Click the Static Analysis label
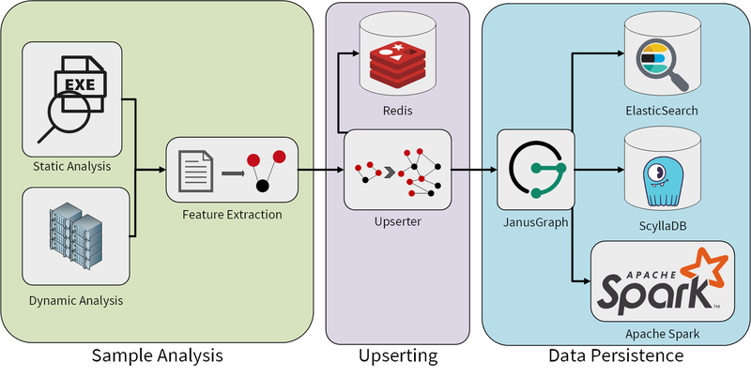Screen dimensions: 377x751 pos(72,167)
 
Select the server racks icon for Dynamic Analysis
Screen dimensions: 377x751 pos(72,238)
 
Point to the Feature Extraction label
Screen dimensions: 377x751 pos(232,215)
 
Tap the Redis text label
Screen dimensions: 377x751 pos(397,111)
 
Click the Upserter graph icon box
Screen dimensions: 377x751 pos(397,170)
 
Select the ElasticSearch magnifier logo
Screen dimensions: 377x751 pos(663,61)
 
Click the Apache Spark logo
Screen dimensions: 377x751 pos(663,283)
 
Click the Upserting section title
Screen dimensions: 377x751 pos(397,356)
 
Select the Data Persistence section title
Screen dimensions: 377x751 pos(615,356)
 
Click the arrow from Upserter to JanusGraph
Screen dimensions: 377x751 pos(474,171)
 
